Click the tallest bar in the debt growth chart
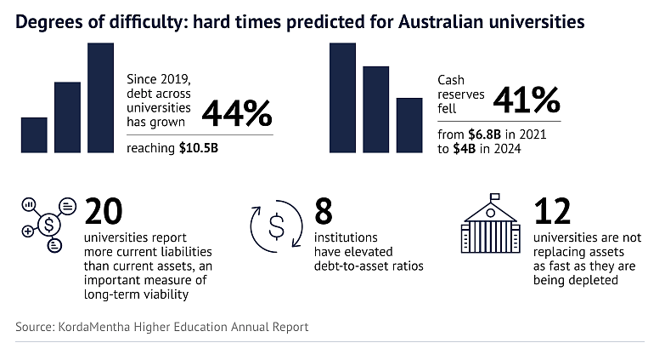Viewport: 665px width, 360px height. [100, 98]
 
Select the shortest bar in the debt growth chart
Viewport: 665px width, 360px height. [34, 134]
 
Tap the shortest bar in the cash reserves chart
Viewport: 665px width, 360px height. [409, 125]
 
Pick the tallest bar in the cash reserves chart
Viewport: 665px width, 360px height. [342, 98]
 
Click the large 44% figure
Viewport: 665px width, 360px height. [237, 113]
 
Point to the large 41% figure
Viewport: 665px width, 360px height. [527, 100]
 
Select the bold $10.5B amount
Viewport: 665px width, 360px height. [199, 148]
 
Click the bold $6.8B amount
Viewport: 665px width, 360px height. [485, 134]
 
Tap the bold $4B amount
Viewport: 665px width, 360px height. [464, 149]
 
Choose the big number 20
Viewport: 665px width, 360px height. [103, 211]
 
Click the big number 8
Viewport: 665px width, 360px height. [324, 211]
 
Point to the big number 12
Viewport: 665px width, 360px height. [552, 211]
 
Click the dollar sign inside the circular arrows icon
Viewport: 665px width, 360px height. [277, 226]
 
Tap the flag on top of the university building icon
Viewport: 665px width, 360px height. [495, 197]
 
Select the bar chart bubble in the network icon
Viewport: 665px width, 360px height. [29, 205]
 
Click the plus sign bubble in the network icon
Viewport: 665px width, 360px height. [27, 231]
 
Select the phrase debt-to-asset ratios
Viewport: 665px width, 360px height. [369, 266]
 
